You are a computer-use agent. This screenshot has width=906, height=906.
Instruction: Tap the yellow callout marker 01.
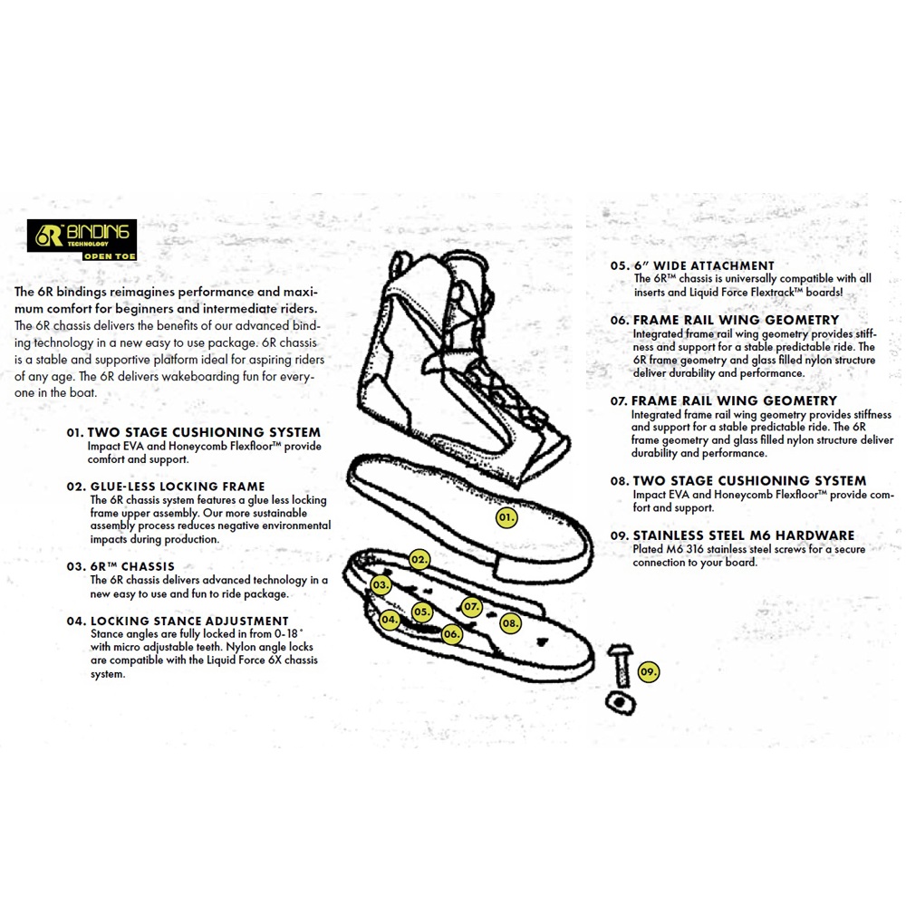pyautogui.click(x=506, y=518)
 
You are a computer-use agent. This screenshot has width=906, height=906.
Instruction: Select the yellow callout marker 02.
pyautogui.click(x=419, y=560)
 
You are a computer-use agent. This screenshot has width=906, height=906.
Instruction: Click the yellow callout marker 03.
pyautogui.click(x=381, y=585)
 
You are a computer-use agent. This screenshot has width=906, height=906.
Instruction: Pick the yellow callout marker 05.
pyautogui.click(x=421, y=612)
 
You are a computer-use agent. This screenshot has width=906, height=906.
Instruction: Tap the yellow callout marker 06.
pyautogui.click(x=452, y=634)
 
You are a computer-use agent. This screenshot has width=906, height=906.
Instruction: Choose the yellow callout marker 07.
pyautogui.click(x=471, y=606)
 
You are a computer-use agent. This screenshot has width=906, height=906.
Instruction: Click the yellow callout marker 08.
pyautogui.click(x=510, y=623)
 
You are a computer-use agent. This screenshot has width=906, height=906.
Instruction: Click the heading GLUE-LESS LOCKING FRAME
pyautogui.click(x=178, y=487)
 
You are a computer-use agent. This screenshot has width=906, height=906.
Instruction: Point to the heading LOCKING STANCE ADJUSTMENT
pyautogui.click(x=189, y=622)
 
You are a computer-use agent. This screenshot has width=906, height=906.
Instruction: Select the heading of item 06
pyautogui.click(x=736, y=320)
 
